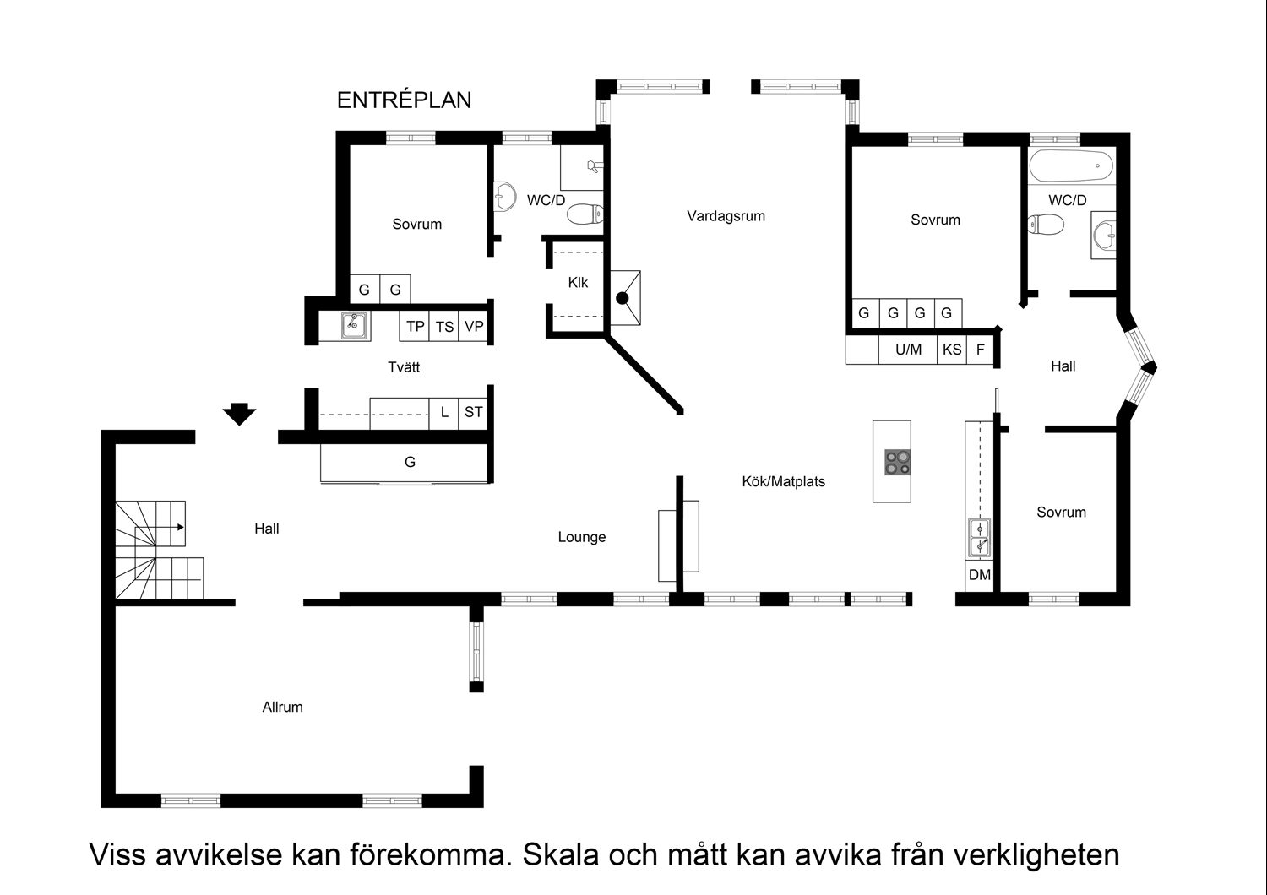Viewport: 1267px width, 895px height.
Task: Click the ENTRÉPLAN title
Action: coord(404,100)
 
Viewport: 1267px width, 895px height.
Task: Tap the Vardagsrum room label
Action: coord(726,216)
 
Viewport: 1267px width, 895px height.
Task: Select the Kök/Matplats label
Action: coord(783,482)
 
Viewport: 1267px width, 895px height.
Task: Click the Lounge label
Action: coord(582,537)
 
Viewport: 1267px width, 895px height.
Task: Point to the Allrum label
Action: coord(282,708)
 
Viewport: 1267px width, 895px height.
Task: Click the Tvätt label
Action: coord(404,367)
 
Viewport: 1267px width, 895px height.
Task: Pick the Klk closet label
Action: coord(578,283)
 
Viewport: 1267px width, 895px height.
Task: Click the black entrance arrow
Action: coord(239,414)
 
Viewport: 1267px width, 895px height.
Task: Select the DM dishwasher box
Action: coord(980,576)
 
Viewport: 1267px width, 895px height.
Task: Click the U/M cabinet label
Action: coord(909,350)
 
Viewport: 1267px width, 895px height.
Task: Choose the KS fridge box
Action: coord(952,350)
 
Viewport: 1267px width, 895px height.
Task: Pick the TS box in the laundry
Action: coord(444,327)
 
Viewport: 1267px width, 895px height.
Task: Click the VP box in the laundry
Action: coord(474,327)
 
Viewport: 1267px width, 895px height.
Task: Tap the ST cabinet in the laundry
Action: coord(474,413)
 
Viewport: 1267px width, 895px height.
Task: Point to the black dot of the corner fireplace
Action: coord(623,298)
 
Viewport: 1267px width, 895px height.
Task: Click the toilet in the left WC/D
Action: coord(584,214)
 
